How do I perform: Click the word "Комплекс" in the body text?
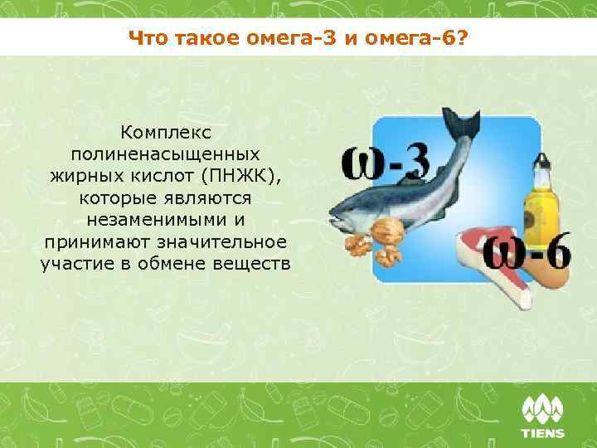point(166,133)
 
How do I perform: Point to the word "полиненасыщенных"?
point(166,154)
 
